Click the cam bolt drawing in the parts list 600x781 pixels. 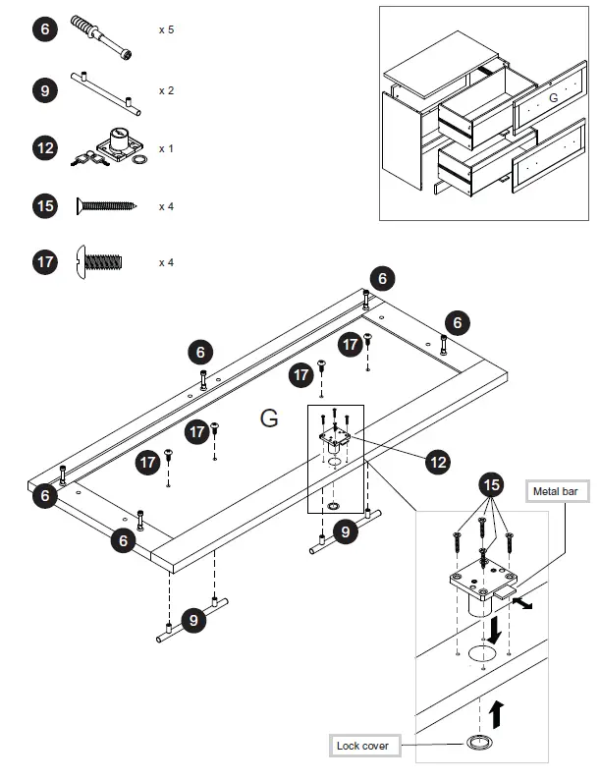(x=101, y=37)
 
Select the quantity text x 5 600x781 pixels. (x=166, y=29)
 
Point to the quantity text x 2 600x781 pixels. (x=166, y=90)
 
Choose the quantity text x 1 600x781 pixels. (x=166, y=148)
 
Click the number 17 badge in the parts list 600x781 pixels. (x=45, y=262)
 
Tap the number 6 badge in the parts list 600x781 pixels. (x=45, y=29)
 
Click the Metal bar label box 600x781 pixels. (x=555, y=491)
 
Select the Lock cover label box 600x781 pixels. (x=362, y=746)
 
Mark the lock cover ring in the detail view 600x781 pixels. (x=480, y=743)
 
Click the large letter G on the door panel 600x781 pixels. (x=269, y=418)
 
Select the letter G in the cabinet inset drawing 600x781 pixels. (x=553, y=97)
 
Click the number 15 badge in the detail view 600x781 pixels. (x=492, y=485)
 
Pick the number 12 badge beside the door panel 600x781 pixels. (x=439, y=459)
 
